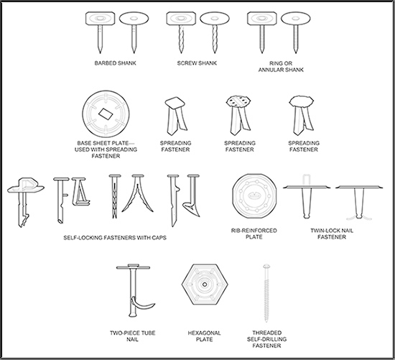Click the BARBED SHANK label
tap(115, 63)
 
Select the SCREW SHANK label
tap(197, 63)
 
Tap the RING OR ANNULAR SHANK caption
tap(281, 67)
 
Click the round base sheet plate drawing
tap(106, 114)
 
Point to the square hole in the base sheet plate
tap(106, 114)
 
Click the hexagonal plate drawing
tap(205, 284)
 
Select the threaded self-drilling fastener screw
tap(266, 293)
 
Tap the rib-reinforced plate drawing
tap(254, 196)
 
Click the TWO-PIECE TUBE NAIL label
tap(133, 336)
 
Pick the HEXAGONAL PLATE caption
tap(204, 336)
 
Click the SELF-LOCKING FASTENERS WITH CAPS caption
tap(115, 238)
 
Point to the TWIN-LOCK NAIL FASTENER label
tap(332, 234)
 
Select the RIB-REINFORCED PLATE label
tap(254, 234)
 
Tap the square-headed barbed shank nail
tap(101, 32)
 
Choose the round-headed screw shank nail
tap(215, 32)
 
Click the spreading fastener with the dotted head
tap(238, 116)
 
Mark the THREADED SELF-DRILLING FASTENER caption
tap(266, 339)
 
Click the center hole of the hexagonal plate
tap(205, 285)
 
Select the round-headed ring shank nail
tap(296, 32)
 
